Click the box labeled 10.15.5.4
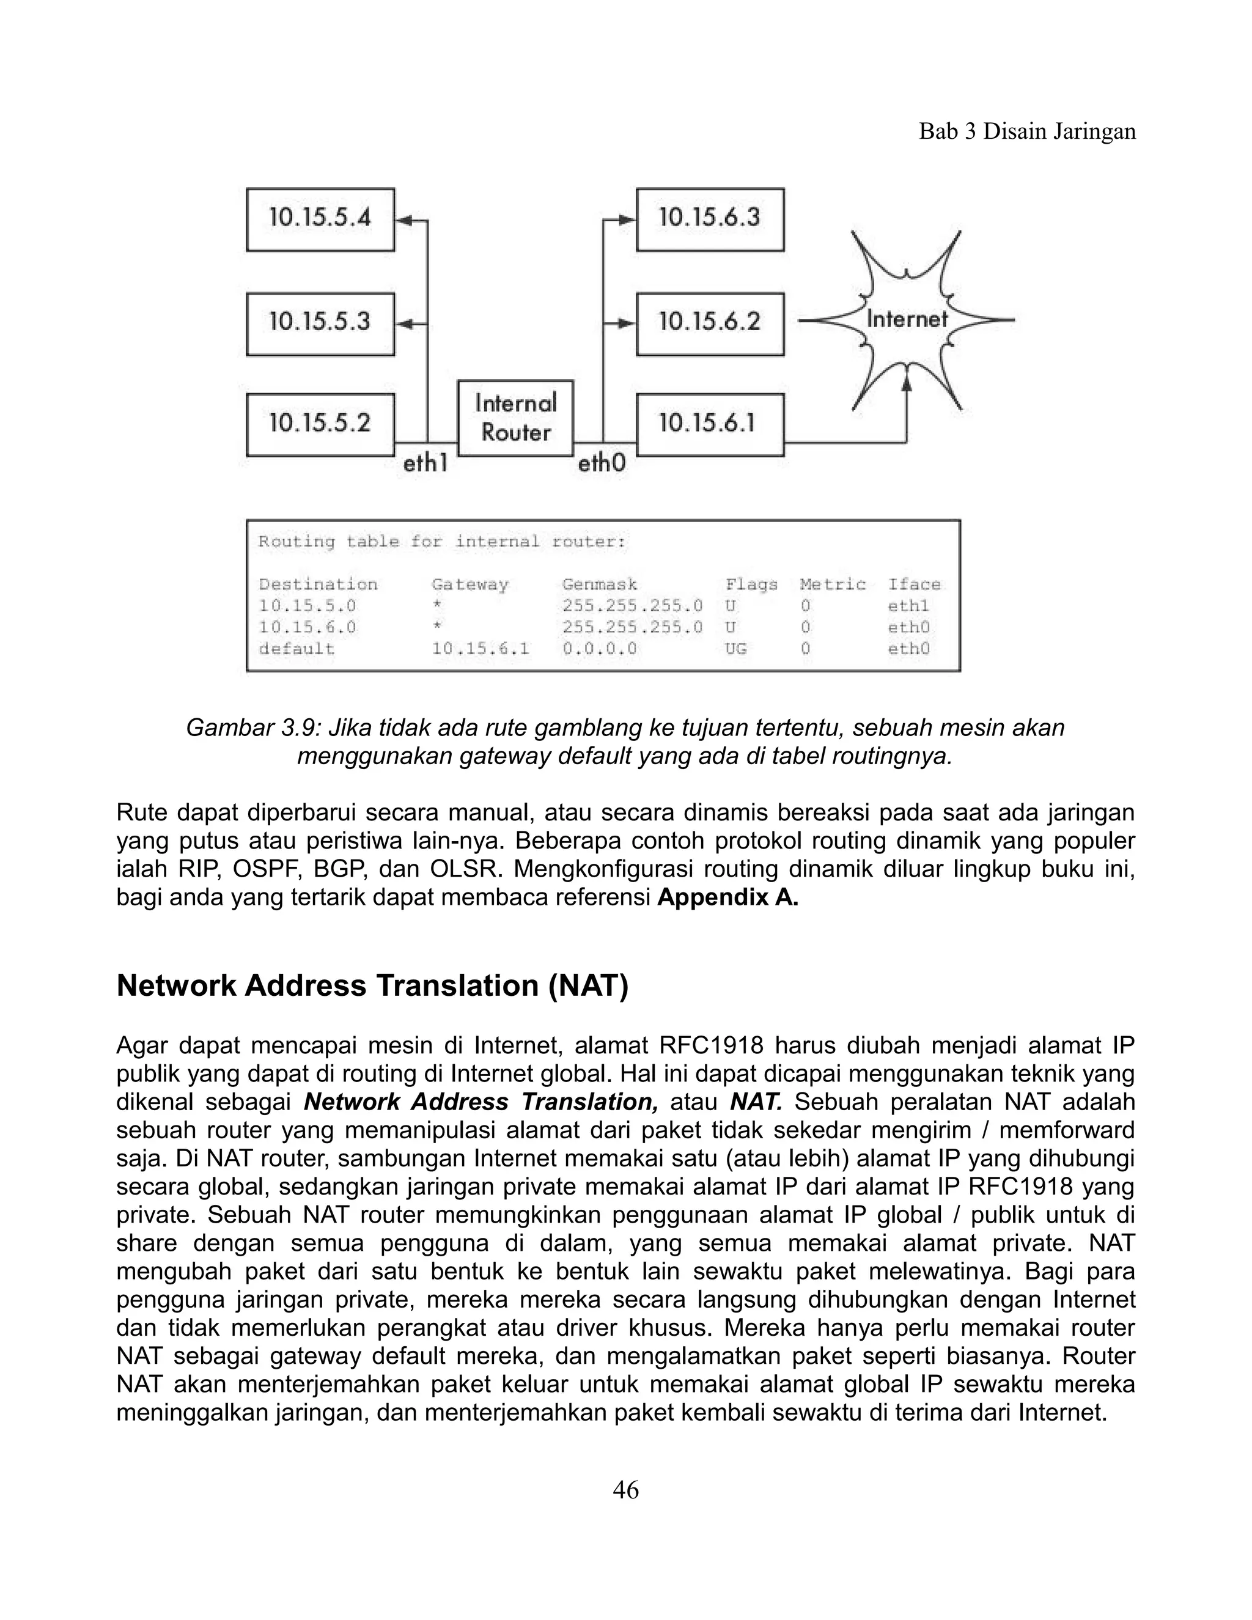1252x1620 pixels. [x=320, y=219]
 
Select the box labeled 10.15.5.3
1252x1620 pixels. [x=320, y=323]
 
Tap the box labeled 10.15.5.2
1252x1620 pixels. [x=320, y=424]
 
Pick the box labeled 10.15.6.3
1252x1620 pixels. [x=710, y=219]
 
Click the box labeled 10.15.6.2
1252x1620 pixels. [x=710, y=323]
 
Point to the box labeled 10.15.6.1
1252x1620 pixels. [x=710, y=424]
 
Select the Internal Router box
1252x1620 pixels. [x=515, y=418]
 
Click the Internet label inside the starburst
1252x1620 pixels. [x=907, y=320]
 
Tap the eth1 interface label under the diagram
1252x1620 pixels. [x=425, y=465]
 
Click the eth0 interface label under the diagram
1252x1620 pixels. [x=602, y=465]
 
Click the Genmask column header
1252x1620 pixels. [x=599, y=584]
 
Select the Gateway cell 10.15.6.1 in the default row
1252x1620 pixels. [x=481, y=649]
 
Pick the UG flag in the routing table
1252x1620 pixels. [x=736, y=649]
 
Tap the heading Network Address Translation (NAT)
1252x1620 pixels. [x=372, y=986]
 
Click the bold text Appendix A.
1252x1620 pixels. [x=727, y=897]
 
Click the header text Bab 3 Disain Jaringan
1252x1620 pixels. [x=1026, y=131]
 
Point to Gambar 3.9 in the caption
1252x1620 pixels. [x=251, y=727]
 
